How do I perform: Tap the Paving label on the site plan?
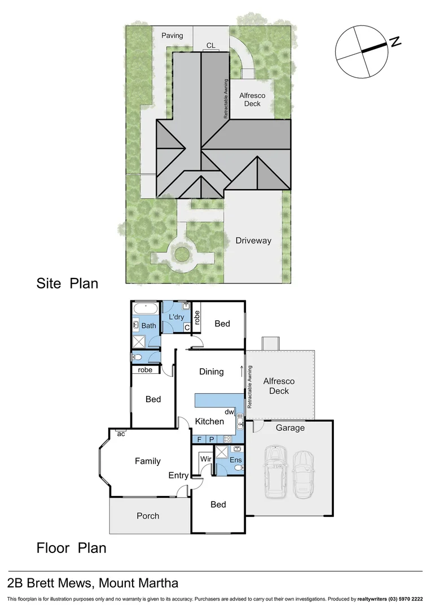172,36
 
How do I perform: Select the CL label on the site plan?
210,45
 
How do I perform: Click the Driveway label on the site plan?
254,241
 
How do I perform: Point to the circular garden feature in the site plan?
181,254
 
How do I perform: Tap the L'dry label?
177,317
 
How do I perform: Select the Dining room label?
212,372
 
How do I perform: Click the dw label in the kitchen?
229,412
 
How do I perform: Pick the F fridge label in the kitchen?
199,439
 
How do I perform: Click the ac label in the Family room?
121,434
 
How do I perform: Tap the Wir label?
206,460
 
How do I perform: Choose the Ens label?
236,460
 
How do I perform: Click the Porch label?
148,516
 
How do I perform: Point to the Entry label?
178,476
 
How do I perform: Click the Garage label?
290,428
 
